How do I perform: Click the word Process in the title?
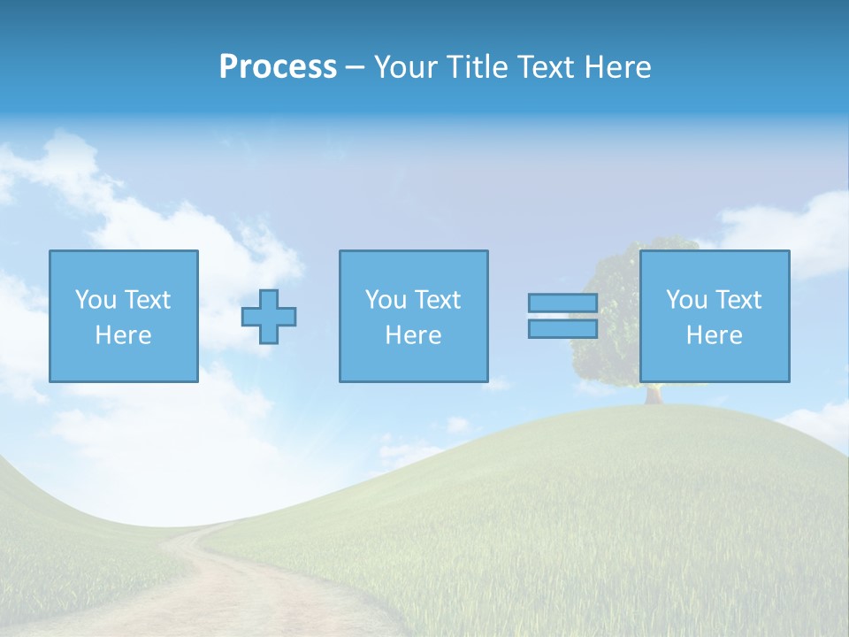pos(278,67)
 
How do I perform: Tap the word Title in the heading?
pos(476,67)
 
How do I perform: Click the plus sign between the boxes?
pos(269,317)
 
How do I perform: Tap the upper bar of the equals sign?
pos(562,303)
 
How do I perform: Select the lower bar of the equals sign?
pos(562,329)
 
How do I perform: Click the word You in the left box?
pos(96,300)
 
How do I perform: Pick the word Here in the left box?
pos(123,335)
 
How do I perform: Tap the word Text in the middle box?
pos(438,300)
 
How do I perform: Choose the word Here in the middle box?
pos(413,335)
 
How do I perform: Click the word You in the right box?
pos(686,300)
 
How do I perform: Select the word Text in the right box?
pos(738,300)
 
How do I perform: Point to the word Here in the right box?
pos(714,335)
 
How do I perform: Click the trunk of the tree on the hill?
pos(654,394)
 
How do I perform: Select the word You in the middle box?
pos(386,300)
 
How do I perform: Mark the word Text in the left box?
pos(148,300)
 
